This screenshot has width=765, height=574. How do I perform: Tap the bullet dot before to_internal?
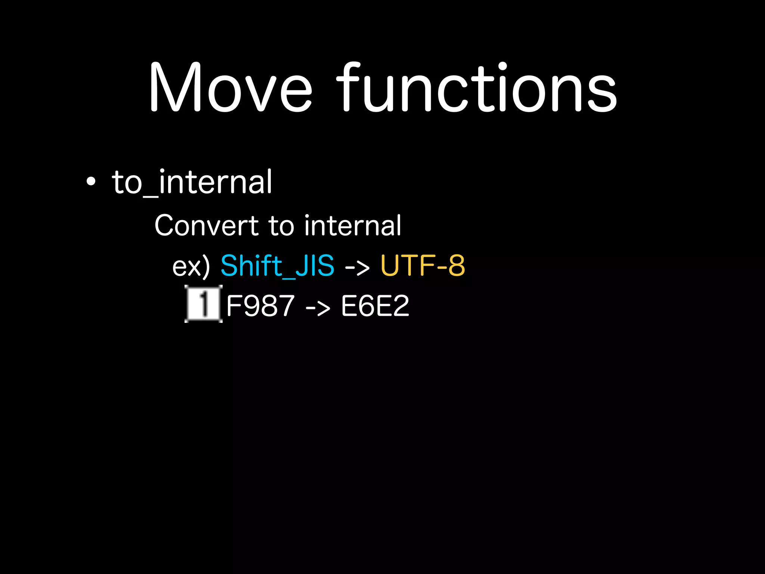[91, 182]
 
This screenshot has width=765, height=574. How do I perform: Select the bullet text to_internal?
[192, 182]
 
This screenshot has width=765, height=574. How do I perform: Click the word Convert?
[207, 226]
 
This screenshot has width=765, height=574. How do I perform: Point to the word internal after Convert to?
[353, 226]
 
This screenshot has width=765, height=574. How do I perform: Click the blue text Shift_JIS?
[277, 266]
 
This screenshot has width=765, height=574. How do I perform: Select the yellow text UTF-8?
[422, 266]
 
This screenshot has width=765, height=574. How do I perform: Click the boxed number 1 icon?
[203, 303]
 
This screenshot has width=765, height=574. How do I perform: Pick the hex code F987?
[260, 306]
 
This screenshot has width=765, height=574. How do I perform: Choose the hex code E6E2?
[375, 306]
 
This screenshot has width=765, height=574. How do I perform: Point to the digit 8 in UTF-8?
[456, 266]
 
